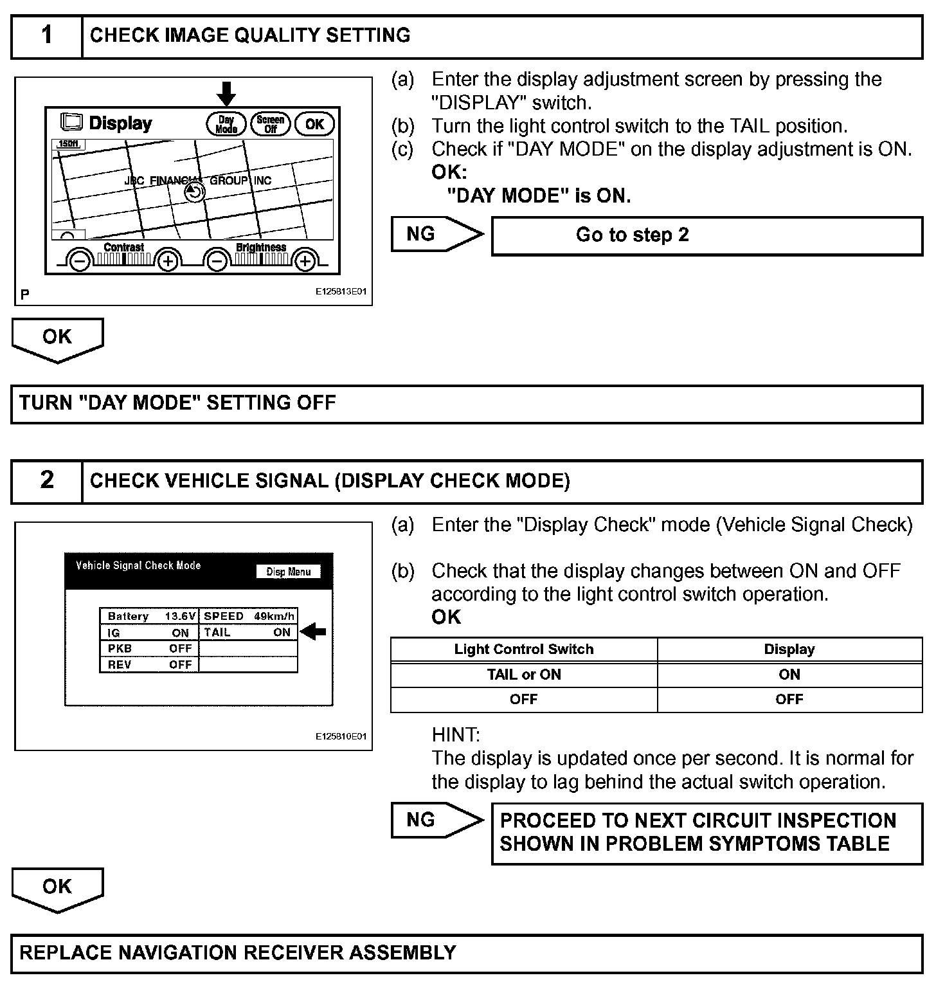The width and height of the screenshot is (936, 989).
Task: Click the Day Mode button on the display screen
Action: coord(226,124)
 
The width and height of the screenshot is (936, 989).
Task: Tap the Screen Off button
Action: coord(271,124)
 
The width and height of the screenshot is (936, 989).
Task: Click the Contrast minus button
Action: coord(80,261)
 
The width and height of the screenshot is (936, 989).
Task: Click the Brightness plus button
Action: coord(305,261)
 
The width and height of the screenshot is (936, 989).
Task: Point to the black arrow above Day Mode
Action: coord(226,93)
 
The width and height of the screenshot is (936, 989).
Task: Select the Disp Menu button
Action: coord(289,572)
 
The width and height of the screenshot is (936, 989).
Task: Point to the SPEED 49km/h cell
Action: coord(249,616)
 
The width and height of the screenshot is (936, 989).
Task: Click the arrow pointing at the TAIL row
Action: coord(314,632)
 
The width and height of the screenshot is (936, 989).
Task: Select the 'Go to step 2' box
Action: coord(706,235)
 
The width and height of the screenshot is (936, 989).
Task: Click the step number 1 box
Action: coord(47,36)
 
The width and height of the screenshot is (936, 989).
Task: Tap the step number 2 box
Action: coord(47,480)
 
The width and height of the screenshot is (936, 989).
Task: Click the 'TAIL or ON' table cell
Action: coord(523,675)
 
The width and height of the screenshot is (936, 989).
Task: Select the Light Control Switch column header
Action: coord(523,649)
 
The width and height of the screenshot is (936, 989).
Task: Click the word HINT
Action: coord(455,735)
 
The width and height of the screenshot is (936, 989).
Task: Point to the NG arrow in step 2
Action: coord(437,820)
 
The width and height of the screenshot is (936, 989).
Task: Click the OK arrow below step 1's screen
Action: coord(57,339)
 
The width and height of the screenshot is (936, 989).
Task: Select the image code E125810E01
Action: coord(341,736)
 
